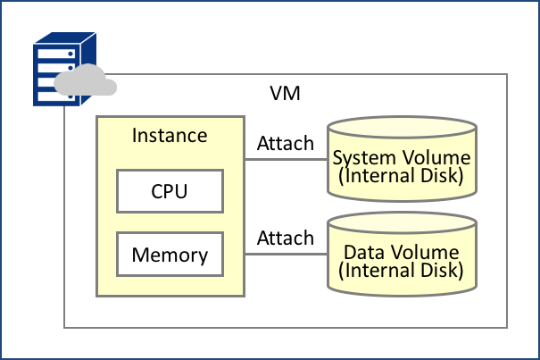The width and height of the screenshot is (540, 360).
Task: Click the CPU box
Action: (170, 190)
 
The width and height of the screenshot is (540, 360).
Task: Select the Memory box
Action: (170, 255)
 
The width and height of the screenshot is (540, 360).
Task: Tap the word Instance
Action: (170, 136)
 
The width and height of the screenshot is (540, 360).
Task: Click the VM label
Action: (286, 93)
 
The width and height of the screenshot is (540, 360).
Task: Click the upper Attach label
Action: (286, 143)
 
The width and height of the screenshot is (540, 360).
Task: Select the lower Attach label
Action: (286, 238)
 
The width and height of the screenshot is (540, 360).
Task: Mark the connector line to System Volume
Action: (286, 160)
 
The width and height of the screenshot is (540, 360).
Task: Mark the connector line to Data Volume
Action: (286, 254)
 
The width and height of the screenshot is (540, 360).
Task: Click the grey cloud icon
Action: (86, 81)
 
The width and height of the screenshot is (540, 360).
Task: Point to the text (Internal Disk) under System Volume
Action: (402, 175)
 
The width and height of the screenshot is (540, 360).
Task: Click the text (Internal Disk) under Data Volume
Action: (402, 270)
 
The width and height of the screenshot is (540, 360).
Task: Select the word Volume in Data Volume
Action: (428, 253)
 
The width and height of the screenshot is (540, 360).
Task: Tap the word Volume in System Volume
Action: (436, 158)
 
